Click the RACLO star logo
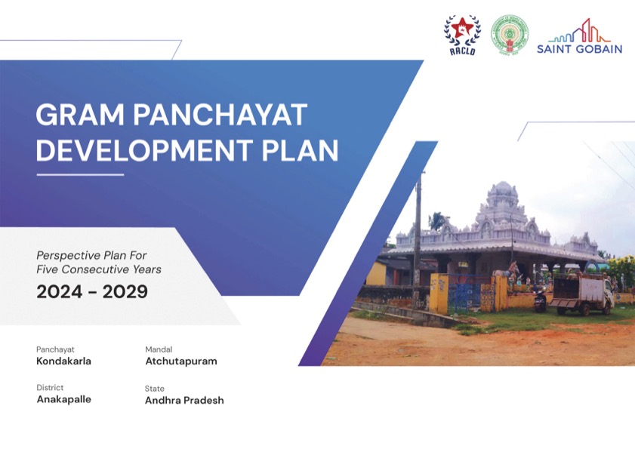(461, 35)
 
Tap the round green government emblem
(510, 35)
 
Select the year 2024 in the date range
(58, 292)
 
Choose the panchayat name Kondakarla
(63, 361)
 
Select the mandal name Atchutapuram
(180, 361)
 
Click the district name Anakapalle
(63, 399)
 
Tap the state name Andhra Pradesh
(184, 401)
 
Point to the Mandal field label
(159, 349)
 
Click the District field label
(50, 388)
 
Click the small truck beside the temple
(581, 294)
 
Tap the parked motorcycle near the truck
(540, 299)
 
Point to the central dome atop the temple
(501, 198)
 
